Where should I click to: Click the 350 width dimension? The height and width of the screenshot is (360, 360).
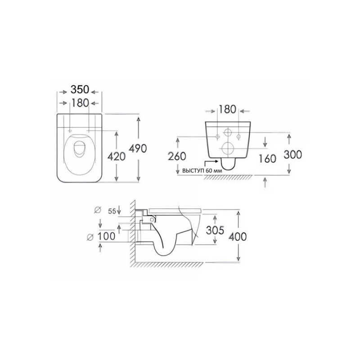tap(80, 90)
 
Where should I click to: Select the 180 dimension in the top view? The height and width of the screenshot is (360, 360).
tap(80, 103)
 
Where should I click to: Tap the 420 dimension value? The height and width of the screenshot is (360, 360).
tap(117, 157)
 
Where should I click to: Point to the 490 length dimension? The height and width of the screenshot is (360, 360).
tap(138, 148)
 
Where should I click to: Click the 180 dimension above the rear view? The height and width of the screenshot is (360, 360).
tap(227, 109)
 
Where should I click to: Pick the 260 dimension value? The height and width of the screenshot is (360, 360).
tap(177, 156)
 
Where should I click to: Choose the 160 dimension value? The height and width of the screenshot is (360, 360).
tap(267, 159)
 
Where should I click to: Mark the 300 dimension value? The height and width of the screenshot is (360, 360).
tap(293, 154)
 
